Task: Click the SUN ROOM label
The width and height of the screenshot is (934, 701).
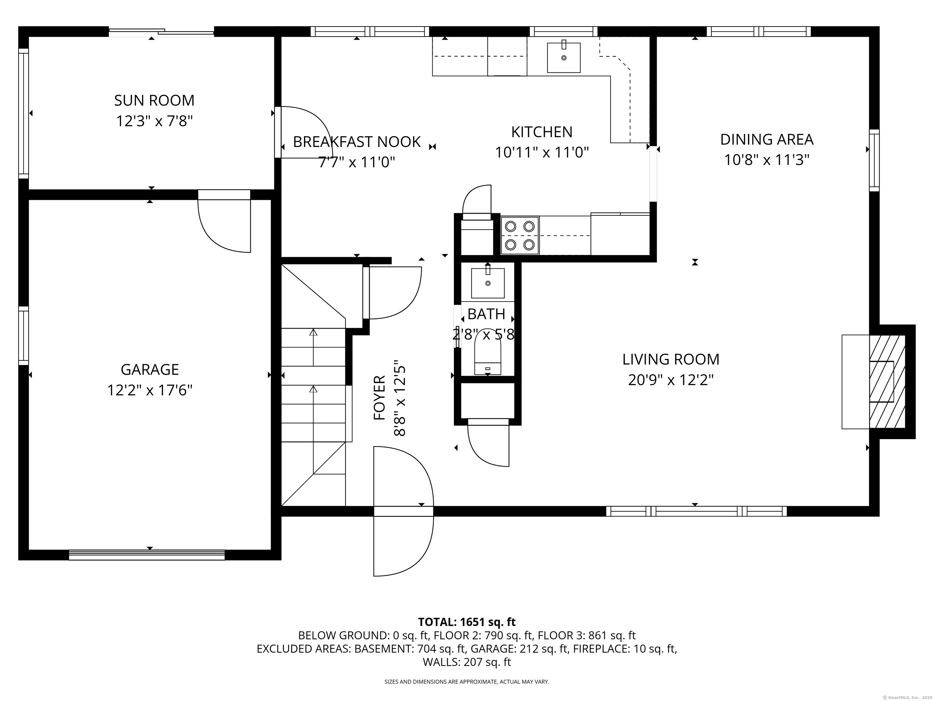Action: (154, 101)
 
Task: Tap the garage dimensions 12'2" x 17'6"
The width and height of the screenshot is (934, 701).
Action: (150, 390)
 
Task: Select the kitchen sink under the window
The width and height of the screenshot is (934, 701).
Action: (564, 58)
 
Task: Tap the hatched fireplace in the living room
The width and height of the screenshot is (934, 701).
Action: (887, 382)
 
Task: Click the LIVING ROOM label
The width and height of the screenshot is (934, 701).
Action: (670, 359)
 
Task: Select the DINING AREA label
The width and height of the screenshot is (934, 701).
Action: (766, 139)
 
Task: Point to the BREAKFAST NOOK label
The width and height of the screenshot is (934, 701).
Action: (357, 142)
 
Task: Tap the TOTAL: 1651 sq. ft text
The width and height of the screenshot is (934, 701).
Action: (467, 622)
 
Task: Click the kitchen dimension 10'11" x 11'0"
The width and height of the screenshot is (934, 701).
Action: (542, 152)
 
